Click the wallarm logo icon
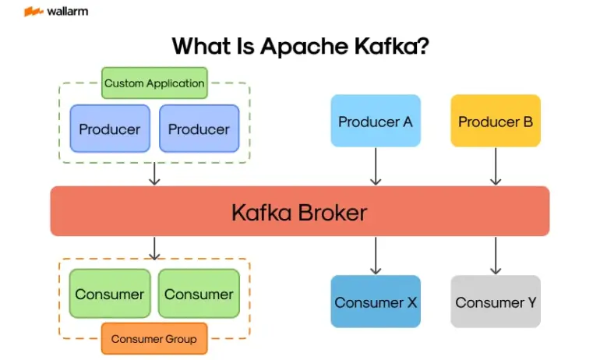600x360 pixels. (x=34, y=12)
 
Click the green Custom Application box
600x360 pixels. (x=154, y=83)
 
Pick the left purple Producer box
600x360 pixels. (x=110, y=129)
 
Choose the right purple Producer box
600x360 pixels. (x=199, y=129)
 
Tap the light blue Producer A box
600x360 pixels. (x=376, y=121)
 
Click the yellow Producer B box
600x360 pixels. (x=496, y=121)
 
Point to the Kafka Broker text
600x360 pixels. (x=299, y=212)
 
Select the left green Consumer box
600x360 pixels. (x=110, y=294)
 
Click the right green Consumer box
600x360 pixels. (x=199, y=294)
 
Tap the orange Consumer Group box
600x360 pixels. (x=154, y=339)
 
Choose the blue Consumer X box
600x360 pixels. (x=376, y=302)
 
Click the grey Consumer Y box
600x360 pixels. (x=496, y=302)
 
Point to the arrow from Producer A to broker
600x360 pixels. (x=376, y=166)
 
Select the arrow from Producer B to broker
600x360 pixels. (x=496, y=166)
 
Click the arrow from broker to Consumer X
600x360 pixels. (x=376, y=256)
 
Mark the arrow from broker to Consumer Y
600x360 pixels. (x=496, y=256)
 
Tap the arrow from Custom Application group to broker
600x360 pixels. (x=154, y=174)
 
